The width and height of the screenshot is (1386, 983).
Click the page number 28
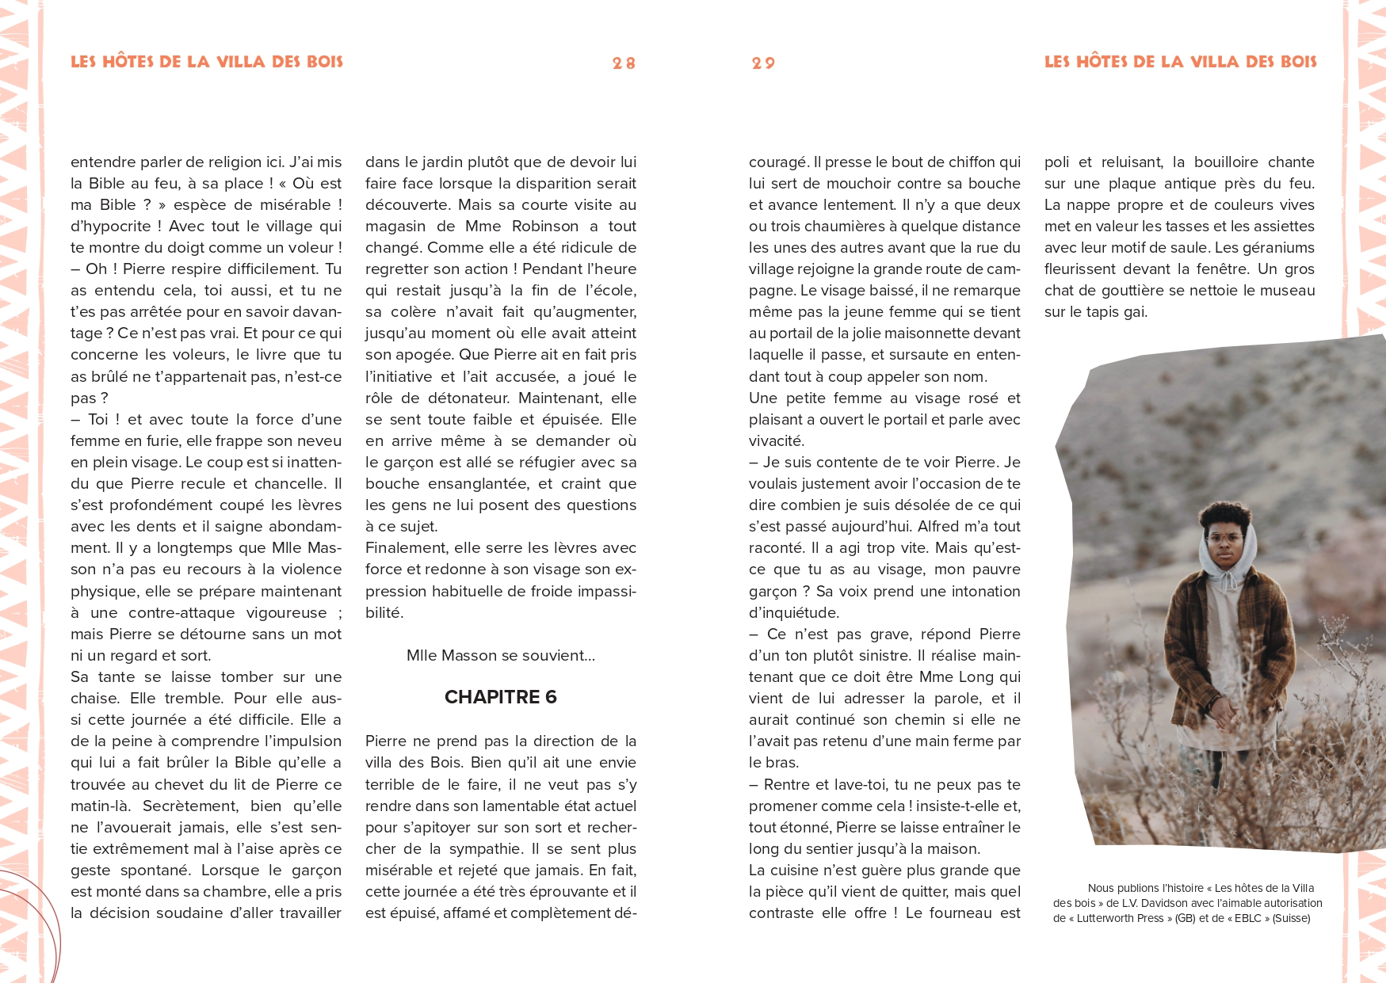[x=624, y=63]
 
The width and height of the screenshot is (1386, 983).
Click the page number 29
[x=763, y=63]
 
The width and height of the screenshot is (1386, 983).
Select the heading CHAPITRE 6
[x=500, y=697]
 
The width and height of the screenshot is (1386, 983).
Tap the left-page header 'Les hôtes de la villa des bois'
[x=207, y=62]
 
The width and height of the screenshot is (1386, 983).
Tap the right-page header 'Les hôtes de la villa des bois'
[x=1180, y=62]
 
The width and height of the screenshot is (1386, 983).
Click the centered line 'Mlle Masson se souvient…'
[x=500, y=656]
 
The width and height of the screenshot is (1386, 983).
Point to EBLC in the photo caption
[x=1247, y=919]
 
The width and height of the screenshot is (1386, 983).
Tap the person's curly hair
[x=1224, y=515]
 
